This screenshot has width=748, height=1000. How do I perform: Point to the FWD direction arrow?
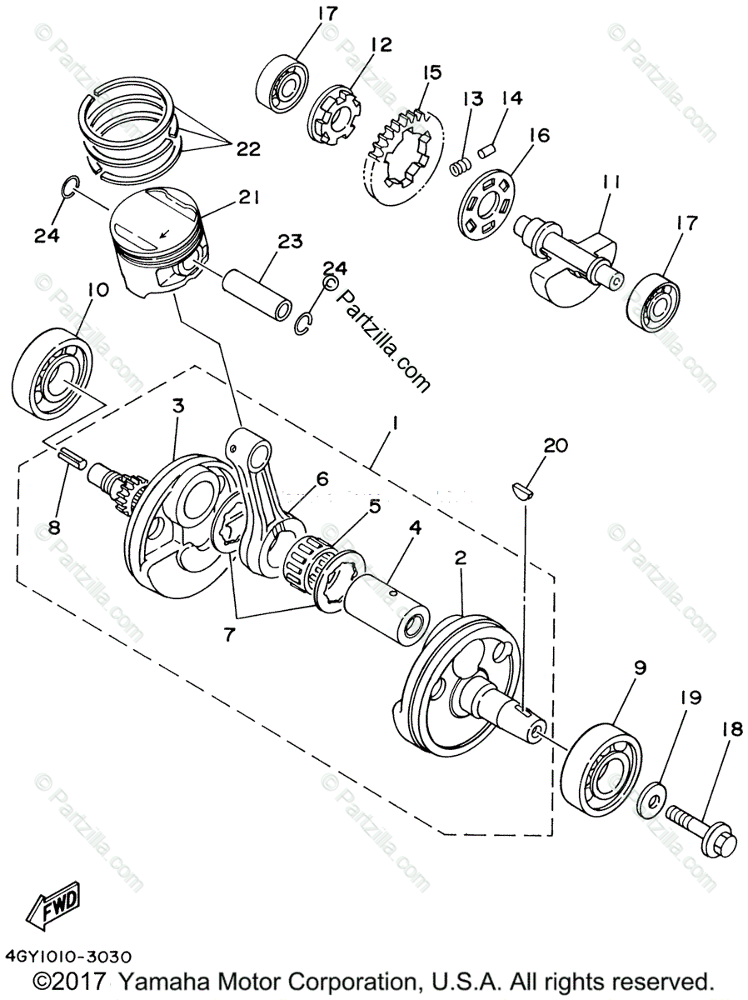click(x=53, y=907)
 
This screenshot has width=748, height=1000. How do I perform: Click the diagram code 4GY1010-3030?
click(x=66, y=957)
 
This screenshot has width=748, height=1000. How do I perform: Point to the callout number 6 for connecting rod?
click(x=322, y=478)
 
